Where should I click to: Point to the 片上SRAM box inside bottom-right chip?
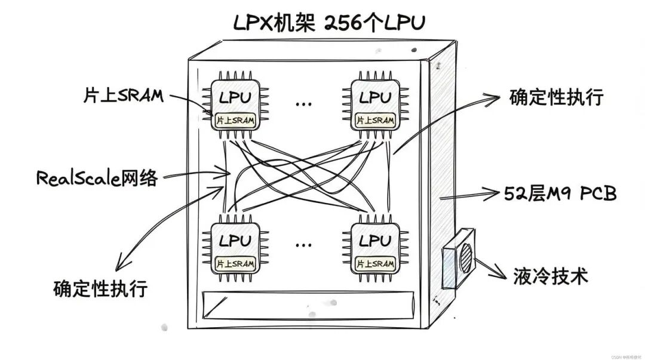[375, 263]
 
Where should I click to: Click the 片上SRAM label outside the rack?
[123, 96]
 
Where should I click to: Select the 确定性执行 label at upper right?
[557, 97]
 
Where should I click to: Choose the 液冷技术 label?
[551, 276]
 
